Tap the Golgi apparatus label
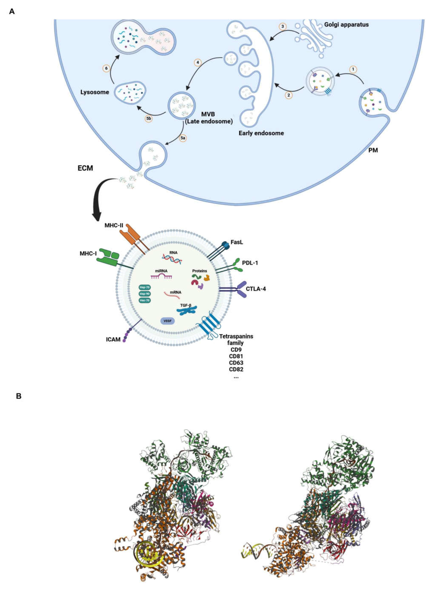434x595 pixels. click(346, 25)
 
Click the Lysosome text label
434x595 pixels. click(95, 92)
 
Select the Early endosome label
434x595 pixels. click(261, 133)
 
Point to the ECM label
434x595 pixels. click(85, 168)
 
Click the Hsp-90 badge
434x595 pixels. click(144, 294)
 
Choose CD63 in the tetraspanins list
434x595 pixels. click(236, 363)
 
